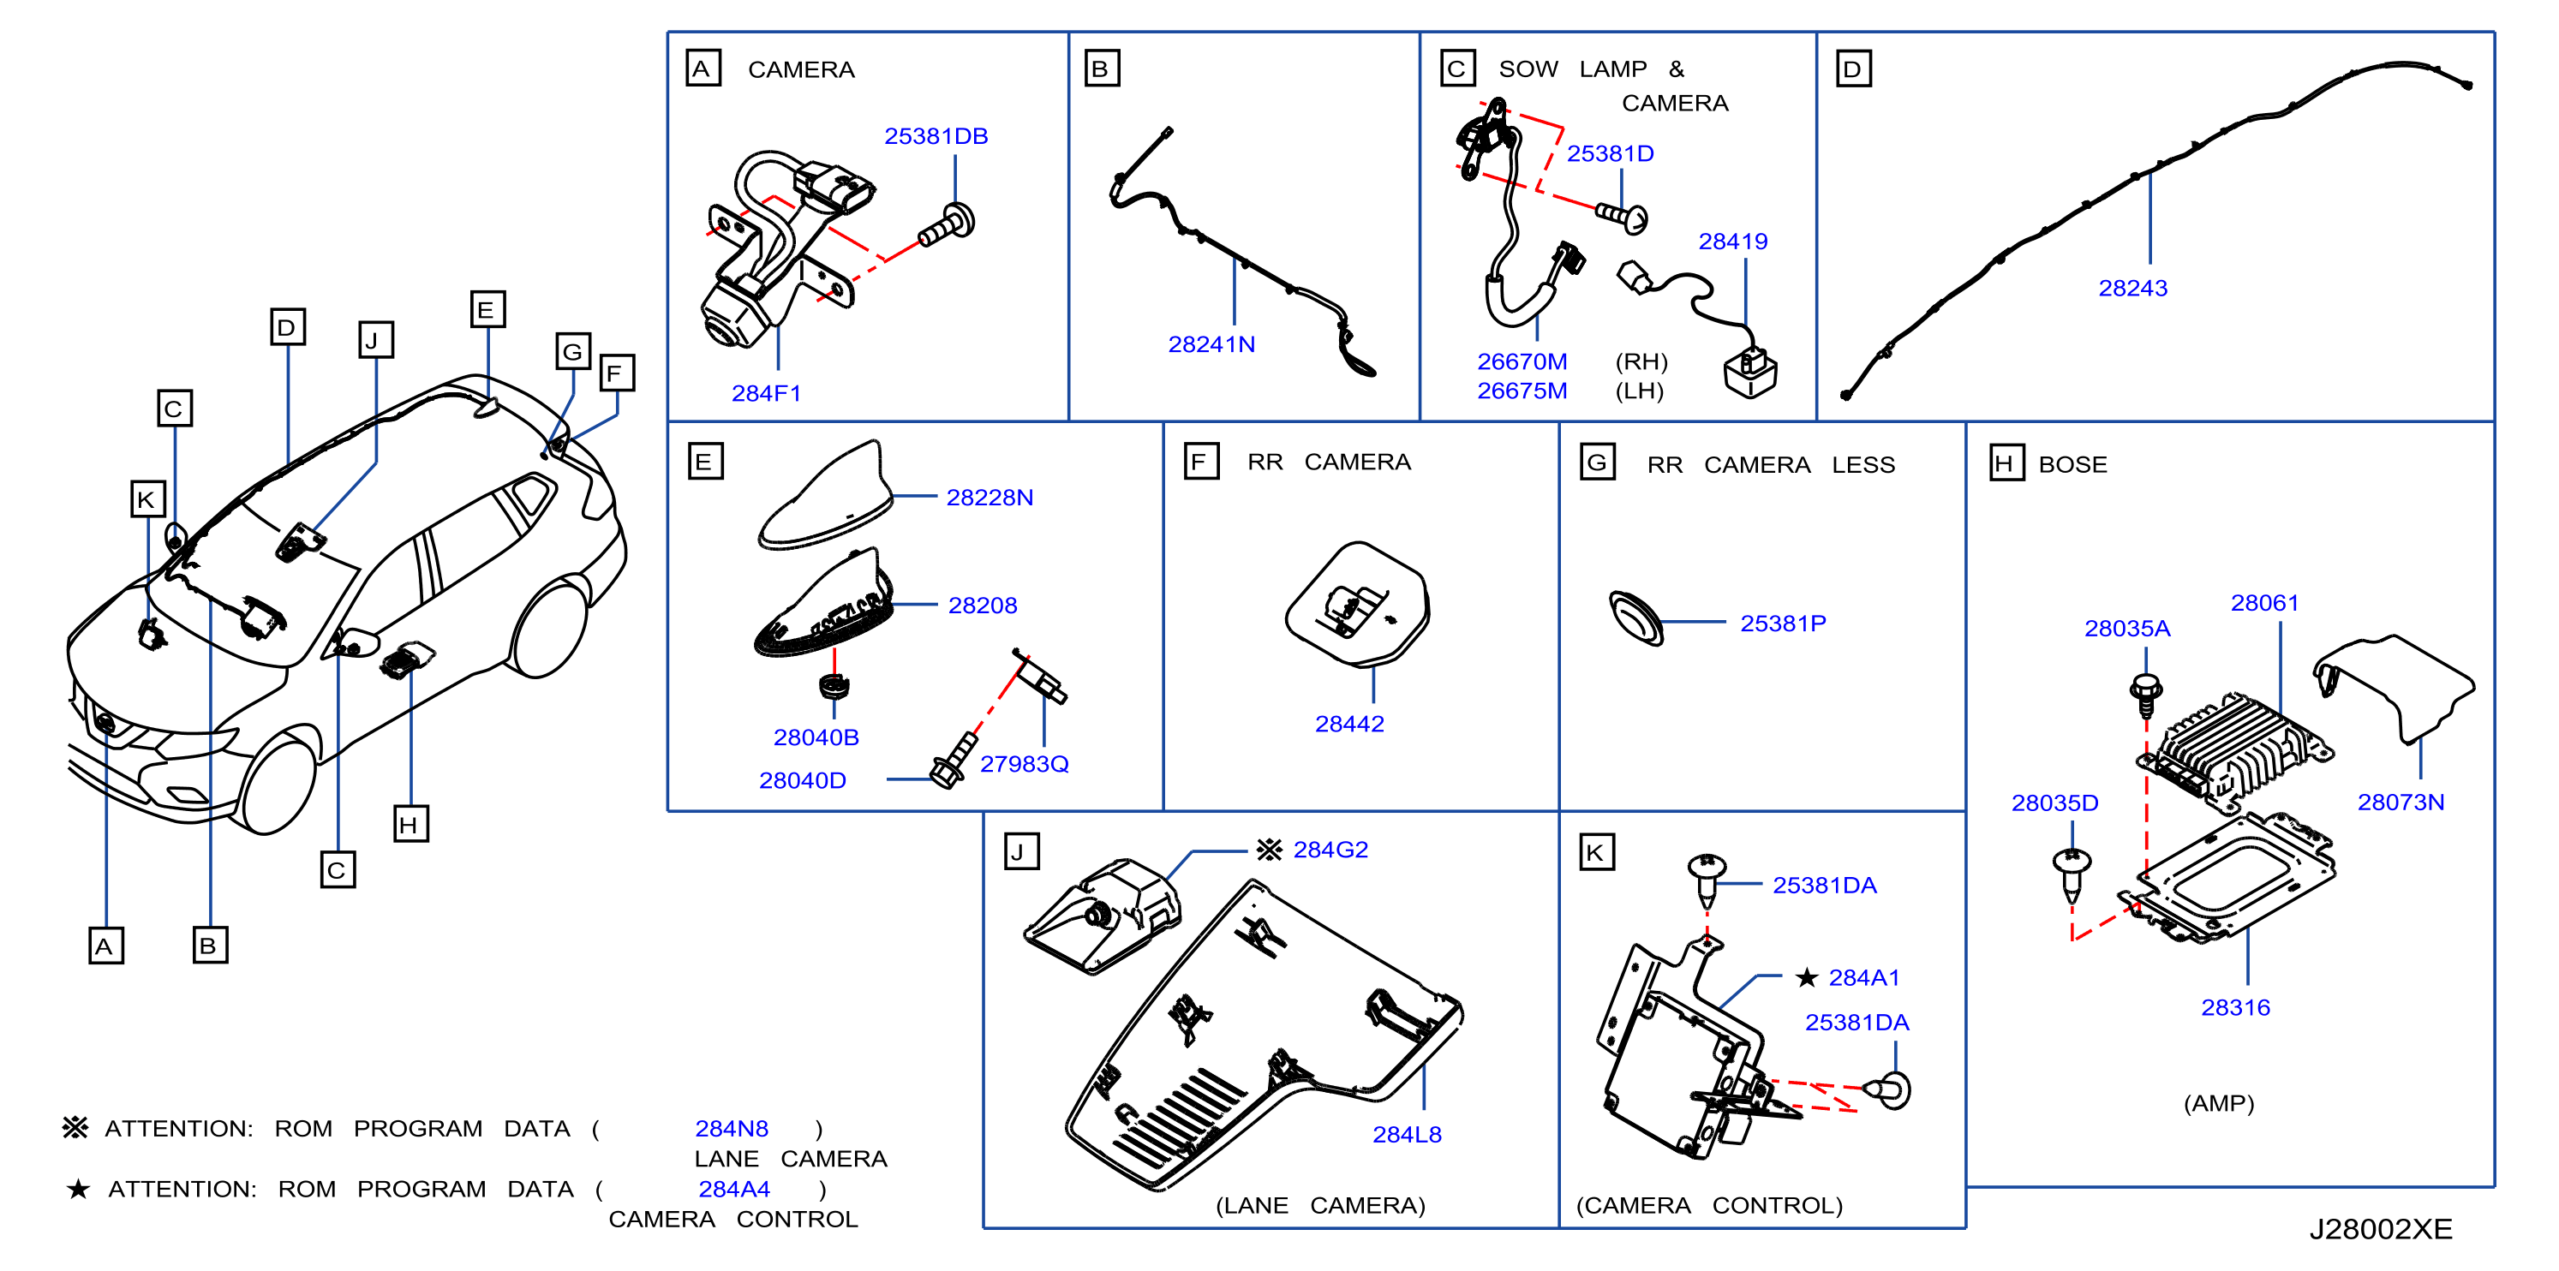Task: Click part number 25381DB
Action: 936,136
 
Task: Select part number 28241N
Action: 1211,344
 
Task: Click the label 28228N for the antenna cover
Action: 990,498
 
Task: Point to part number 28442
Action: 1349,724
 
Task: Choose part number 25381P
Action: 1782,624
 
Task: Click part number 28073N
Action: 2400,803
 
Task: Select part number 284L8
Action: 1407,1134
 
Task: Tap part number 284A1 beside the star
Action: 1863,978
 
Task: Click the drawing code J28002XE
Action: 2380,1229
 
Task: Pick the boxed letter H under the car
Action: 410,824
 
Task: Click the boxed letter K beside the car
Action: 148,499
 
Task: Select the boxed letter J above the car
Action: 375,340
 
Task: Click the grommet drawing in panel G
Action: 1635,618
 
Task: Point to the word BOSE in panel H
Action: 2072,465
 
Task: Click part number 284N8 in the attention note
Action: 731,1129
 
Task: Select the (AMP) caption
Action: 2218,1103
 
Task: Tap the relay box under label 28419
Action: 1750,373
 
